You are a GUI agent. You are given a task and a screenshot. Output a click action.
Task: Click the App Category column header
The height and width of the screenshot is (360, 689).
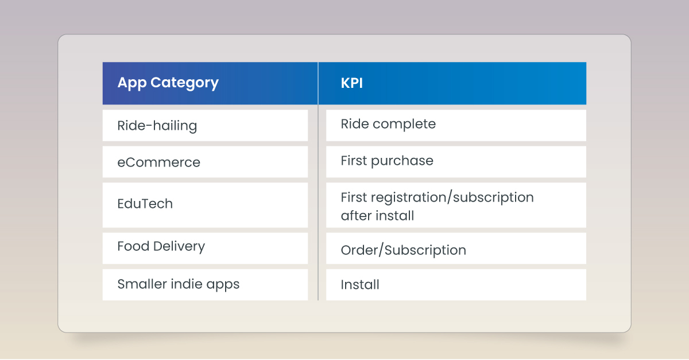click(x=210, y=83)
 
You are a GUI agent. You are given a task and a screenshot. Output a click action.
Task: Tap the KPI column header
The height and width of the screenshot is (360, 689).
click(x=452, y=83)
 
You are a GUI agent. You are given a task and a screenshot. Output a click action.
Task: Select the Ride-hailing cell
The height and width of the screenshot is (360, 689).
click(x=205, y=126)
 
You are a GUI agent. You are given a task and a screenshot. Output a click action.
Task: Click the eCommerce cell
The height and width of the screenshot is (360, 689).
click(x=205, y=162)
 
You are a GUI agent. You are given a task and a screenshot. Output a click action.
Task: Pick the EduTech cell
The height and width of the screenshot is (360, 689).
click(x=205, y=205)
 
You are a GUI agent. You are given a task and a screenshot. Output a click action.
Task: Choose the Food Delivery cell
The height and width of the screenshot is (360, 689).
click(x=205, y=248)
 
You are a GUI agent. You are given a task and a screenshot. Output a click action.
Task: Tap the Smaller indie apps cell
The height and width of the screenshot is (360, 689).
click(x=205, y=285)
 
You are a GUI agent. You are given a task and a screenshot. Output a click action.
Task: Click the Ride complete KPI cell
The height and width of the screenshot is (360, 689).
click(x=456, y=126)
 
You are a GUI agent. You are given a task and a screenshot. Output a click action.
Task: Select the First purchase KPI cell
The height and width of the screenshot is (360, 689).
click(x=456, y=162)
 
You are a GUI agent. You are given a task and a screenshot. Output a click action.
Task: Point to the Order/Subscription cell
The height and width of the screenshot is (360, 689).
click(x=456, y=248)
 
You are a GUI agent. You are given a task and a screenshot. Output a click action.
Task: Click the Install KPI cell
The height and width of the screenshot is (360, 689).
click(x=456, y=285)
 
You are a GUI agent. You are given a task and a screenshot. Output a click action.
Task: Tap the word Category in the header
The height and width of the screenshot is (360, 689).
click(x=184, y=83)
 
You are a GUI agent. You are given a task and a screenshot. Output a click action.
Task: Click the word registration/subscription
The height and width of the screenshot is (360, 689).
click(x=452, y=198)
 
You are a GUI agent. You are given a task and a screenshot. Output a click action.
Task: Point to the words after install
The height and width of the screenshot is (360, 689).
click(x=377, y=215)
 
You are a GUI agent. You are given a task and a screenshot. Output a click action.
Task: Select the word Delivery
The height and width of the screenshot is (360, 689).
click(x=179, y=246)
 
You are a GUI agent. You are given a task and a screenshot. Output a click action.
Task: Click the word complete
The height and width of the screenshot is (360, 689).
click(x=404, y=125)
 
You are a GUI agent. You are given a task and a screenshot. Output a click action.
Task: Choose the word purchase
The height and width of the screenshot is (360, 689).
click(x=402, y=161)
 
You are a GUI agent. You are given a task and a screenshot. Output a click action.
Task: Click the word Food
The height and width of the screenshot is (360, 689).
click(x=133, y=246)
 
